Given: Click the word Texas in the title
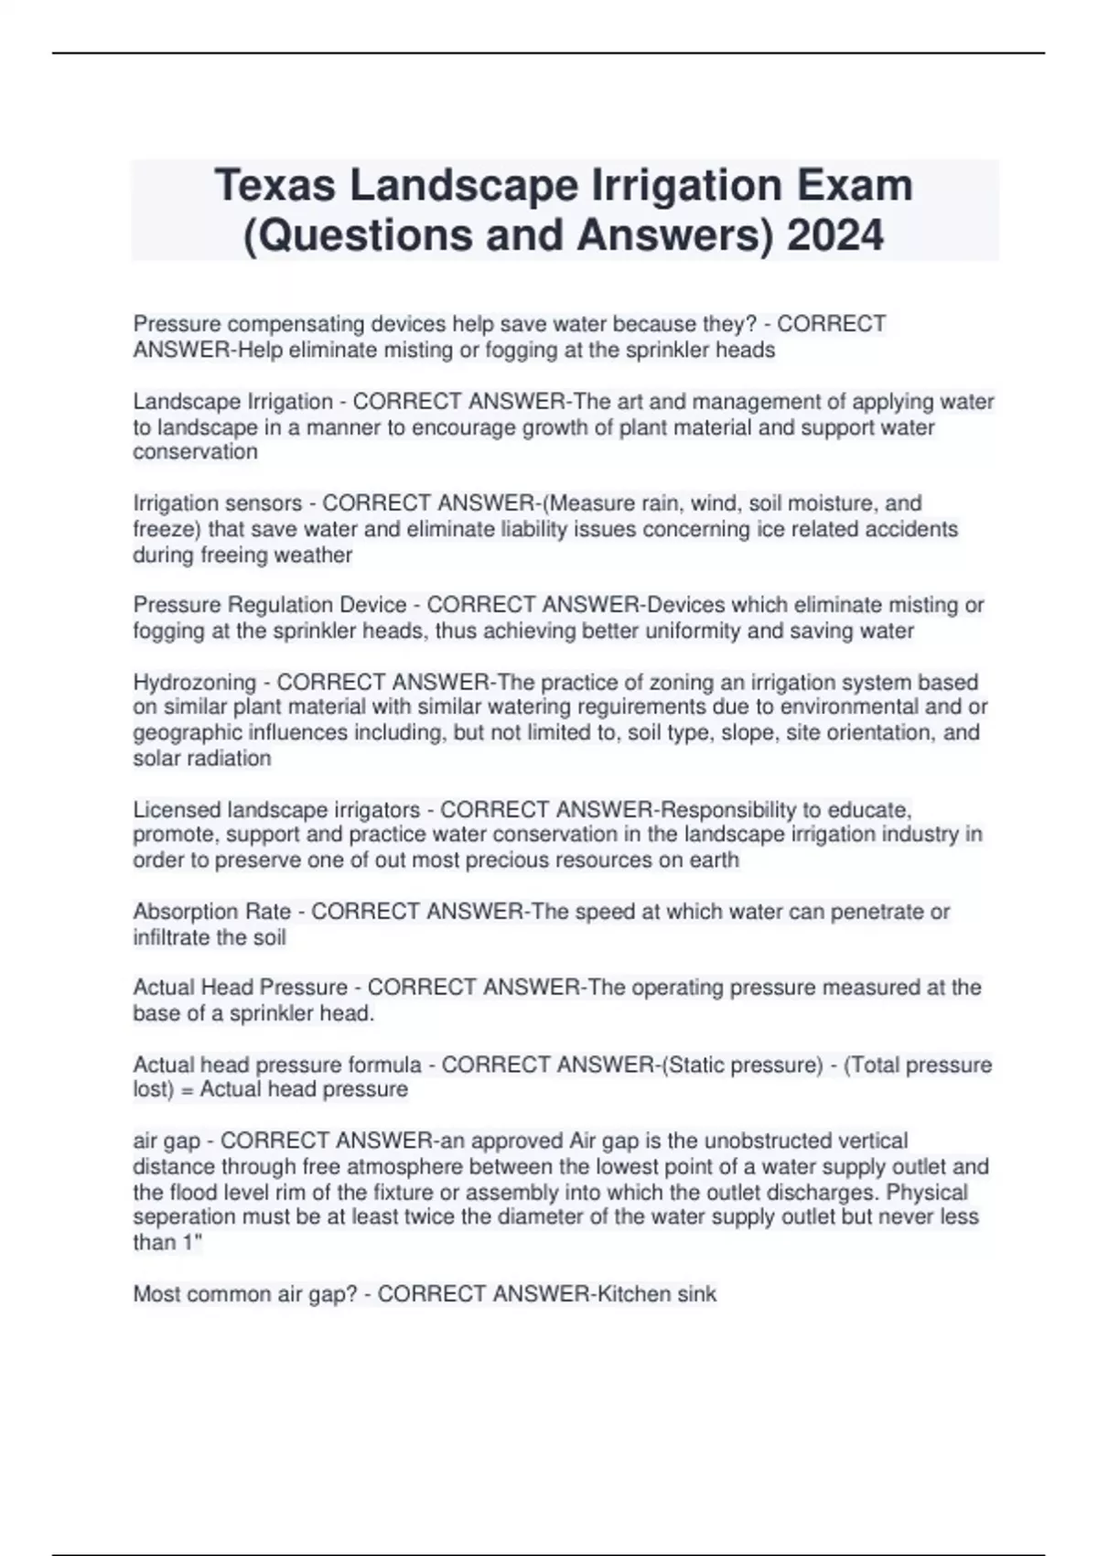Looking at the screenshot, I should (275, 186).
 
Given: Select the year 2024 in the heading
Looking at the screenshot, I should (835, 235).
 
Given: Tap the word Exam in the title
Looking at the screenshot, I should (855, 186).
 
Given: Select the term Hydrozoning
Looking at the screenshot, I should (195, 682).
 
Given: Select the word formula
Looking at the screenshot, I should (385, 1064).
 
